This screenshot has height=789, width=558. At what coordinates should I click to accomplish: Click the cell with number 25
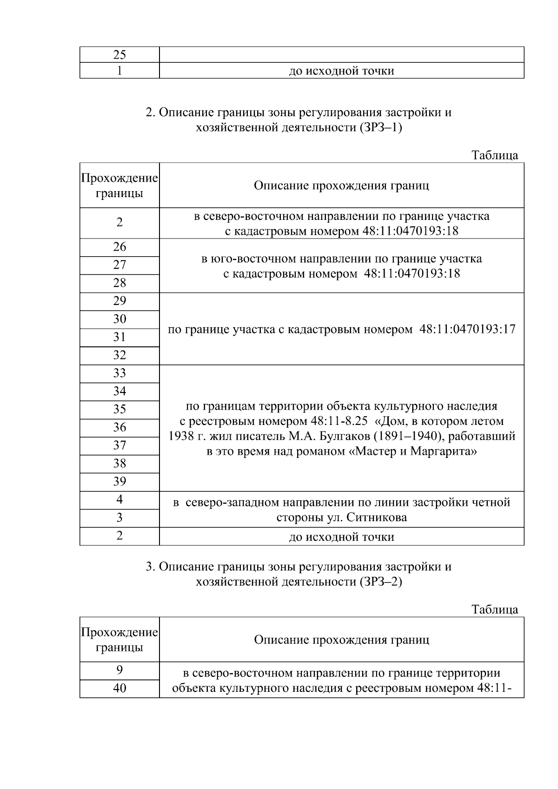click(x=120, y=55)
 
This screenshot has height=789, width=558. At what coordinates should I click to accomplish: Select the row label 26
click(x=120, y=247)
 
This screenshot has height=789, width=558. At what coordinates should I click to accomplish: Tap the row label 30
click(x=120, y=319)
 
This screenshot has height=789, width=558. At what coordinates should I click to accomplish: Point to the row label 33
click(x=120, y=373)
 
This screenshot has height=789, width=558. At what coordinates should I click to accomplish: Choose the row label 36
click(x=120, y=427)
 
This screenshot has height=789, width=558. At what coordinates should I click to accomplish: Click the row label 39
click(x=120, y=482)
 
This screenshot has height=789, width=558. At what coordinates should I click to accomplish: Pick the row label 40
click(x=120, y=688)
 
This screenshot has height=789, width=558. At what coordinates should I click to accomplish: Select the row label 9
click(x=120, y=670)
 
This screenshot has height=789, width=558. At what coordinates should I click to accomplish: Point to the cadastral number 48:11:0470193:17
click(x=467, y=329)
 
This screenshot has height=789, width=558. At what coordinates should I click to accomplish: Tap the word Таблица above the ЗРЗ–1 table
click(x=495, y=155)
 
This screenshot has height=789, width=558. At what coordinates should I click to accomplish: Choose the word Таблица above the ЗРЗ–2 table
click(x=495, y=609)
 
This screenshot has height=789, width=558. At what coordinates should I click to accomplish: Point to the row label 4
click(x=120, y=499)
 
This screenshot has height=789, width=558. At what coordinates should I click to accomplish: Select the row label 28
click(x=120, y=283)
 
